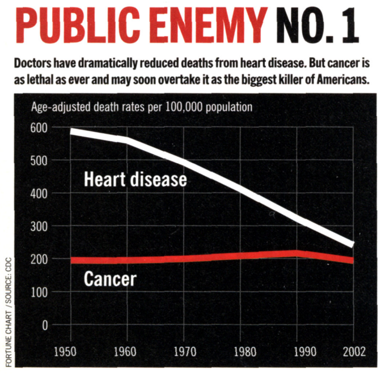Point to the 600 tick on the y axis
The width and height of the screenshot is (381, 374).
38,127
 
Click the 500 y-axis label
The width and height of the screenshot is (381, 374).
38,160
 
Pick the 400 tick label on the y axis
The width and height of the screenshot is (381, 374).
38,193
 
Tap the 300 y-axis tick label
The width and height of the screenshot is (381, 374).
38,226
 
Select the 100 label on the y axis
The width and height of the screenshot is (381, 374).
38,292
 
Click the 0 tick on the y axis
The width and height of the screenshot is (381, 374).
44,325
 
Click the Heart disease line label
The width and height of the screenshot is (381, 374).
135,179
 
